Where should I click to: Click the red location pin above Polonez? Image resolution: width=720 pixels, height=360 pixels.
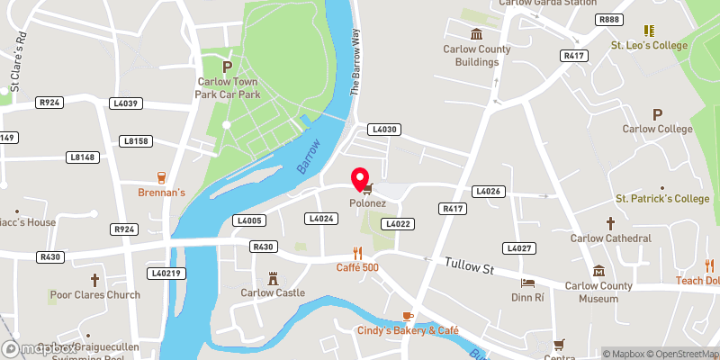tap(361, 179)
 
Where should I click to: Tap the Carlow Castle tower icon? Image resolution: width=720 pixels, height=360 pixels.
tap(273, 277)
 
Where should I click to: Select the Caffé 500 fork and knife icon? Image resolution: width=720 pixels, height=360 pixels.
tap(356, 253)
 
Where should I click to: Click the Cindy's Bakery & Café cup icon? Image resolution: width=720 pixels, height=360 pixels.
tap(407, 316)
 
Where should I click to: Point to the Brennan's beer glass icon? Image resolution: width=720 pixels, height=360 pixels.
tap(162, 177)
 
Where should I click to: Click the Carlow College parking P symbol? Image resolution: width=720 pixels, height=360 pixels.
tap(658, 114)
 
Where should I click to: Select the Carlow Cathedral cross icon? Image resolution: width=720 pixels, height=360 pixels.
tap(610, 222)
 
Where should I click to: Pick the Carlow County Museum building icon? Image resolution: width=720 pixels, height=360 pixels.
tap(598, 271)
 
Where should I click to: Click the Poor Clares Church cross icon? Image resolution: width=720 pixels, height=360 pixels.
tap(95, 280)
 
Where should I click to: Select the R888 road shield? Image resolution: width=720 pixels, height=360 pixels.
tap(609, 19)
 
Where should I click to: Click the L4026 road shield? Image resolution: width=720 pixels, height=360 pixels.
tap(487, 191)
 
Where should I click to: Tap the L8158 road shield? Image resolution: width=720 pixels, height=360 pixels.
tap(137, 141)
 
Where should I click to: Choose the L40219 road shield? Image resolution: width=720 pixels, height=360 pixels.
tap(166, 273)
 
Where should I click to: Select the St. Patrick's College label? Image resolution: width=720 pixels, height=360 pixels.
tap(662, 198)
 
